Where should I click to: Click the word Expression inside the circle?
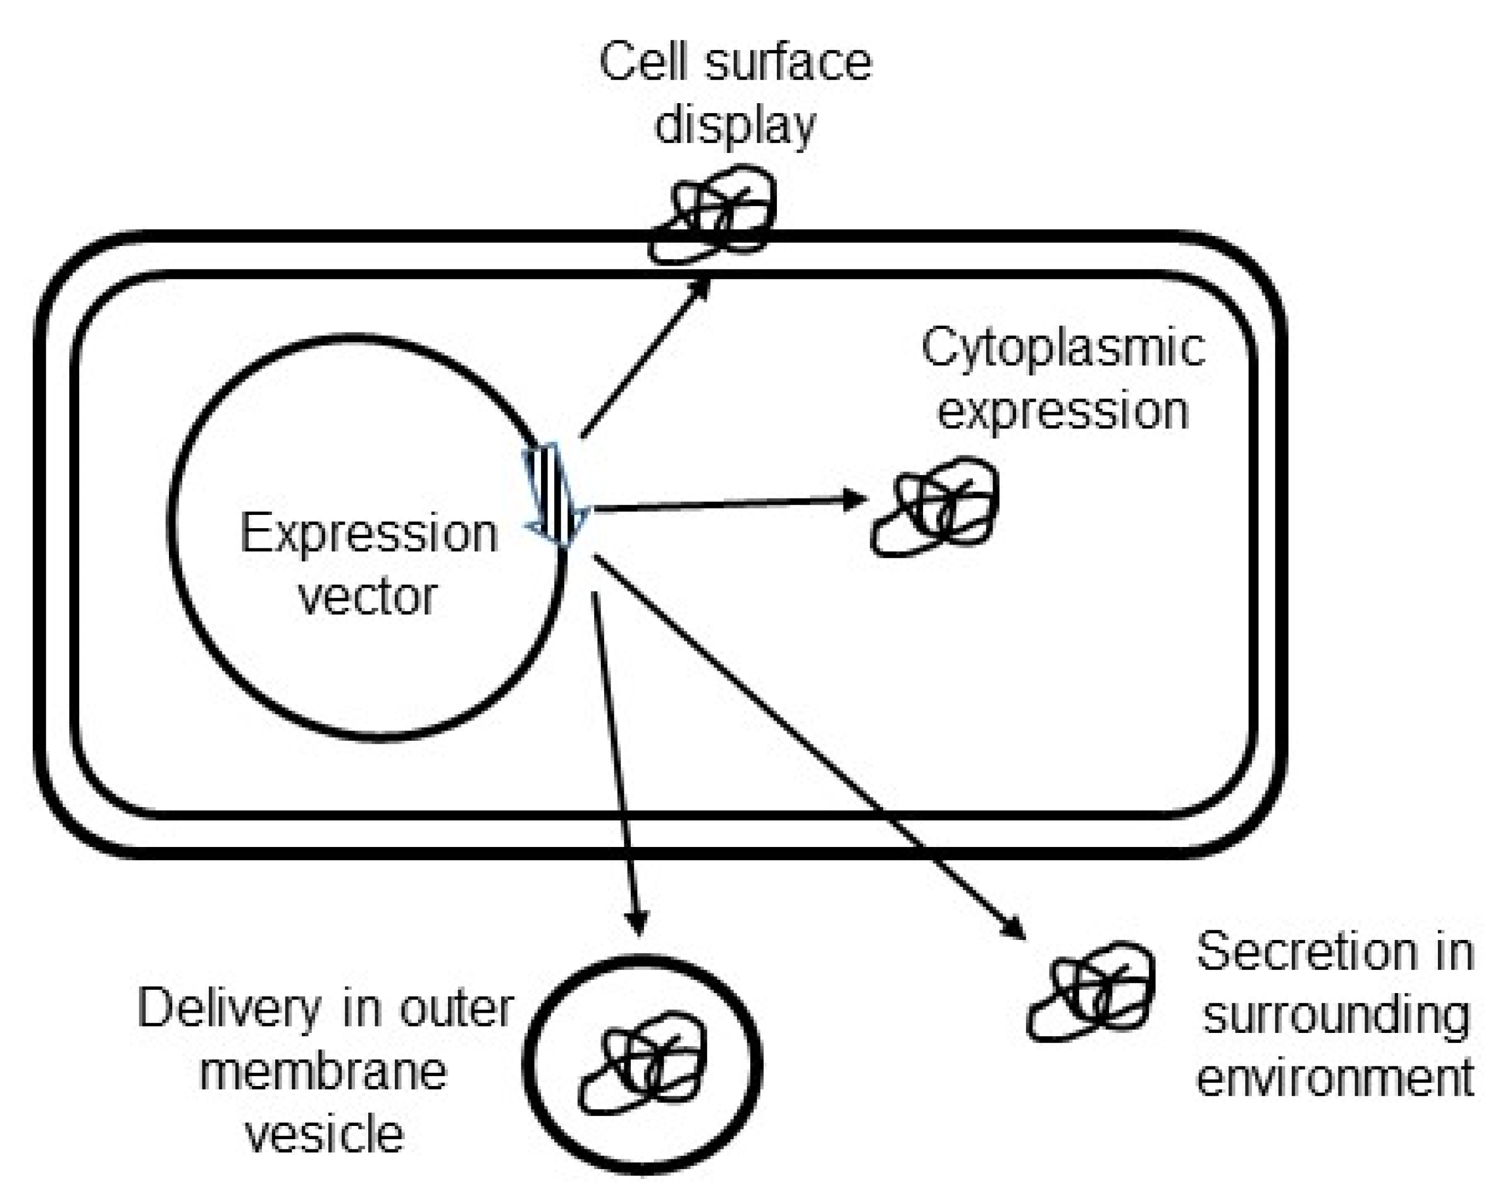coord(368,534)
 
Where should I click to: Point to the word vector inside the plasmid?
coord(368,597)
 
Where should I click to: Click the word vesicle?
coord(325,1135)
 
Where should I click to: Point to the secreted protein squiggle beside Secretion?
coord(1090,992)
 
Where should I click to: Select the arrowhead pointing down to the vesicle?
coord(637,923)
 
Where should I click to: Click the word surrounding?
coord(1336,1015)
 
